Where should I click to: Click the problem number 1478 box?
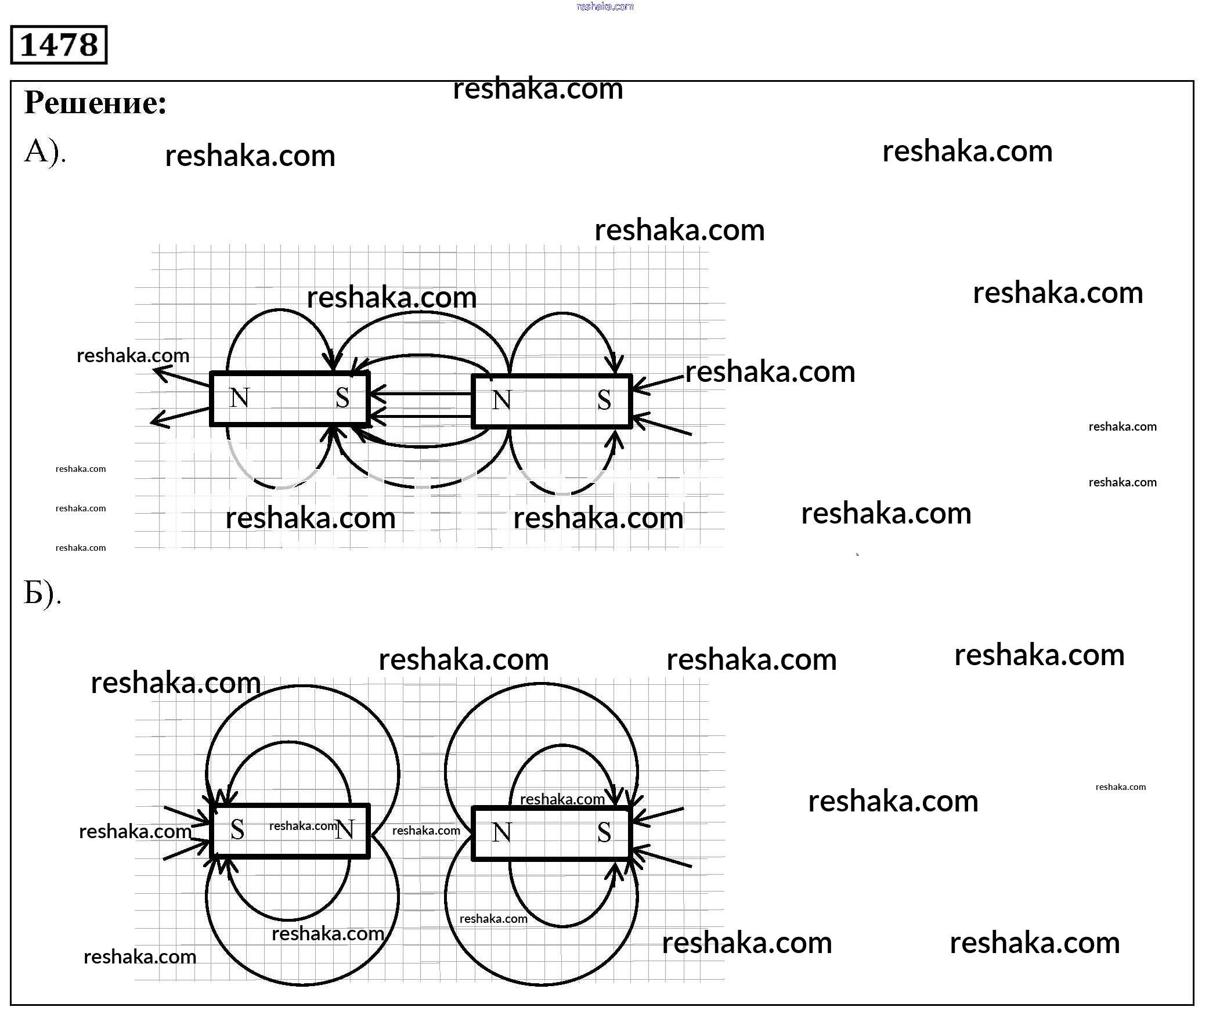click(59, 45)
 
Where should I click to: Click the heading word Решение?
click(96, 103)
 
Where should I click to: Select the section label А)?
click(45, 152)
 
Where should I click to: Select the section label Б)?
click(42, 593)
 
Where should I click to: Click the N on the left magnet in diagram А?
click(239, 398)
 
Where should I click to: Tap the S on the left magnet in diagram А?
click(342, 398)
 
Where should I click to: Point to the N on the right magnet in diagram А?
click(501, 400)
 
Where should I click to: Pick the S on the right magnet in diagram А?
click(604, 400)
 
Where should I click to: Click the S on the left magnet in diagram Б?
click(237, 830)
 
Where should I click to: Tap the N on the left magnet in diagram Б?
click(345, 830)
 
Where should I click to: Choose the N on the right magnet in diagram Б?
click(501, 833)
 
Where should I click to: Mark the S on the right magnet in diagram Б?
click(604, 833)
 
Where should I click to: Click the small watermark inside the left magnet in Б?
click(303, 826)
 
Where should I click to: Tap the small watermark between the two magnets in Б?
click(426, 831)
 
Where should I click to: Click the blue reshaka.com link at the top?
click(605, 6)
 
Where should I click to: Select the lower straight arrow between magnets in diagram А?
click(421, 416)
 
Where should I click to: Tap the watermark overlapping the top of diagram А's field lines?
click(391, 298)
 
